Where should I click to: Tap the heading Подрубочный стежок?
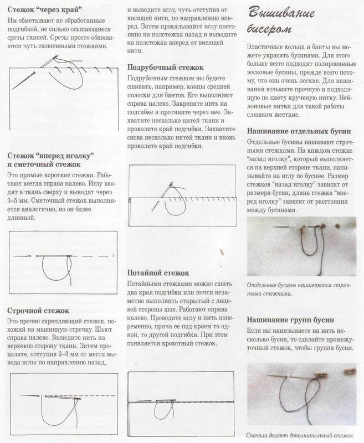162,67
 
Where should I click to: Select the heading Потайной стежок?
158,273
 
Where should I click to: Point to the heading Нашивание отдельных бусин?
295,131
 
